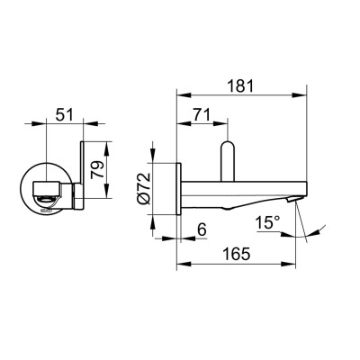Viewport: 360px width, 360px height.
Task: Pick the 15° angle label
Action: (267, 220)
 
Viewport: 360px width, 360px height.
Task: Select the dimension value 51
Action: (63, 114)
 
